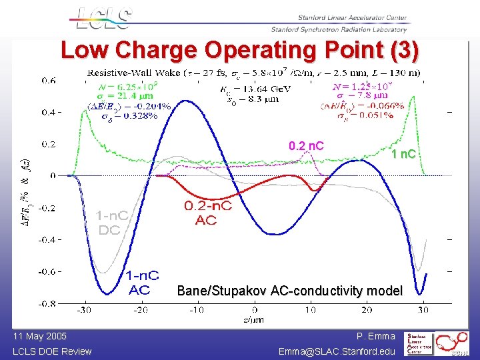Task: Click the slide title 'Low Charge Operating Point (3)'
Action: [x=240, y=51]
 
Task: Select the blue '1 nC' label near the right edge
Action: [x=403, y=154]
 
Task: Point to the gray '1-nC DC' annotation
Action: [x=112, y=223]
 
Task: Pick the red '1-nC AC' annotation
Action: [x=143, y=281]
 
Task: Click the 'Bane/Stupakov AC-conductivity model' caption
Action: [x=289, y=291]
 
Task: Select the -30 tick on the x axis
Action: [x=83, y=311]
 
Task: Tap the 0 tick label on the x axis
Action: [x=255, y=311]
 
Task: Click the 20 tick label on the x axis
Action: [x=367, y=311]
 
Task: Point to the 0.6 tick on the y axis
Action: [x=49, y=81]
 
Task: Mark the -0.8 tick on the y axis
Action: [x=47, y=303]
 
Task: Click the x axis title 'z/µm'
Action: [x=255, y=320]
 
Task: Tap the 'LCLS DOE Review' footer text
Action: [x=52, y=351]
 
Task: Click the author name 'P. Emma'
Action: [x=376, y=337]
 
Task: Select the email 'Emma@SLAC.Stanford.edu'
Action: [x=337, y=351]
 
